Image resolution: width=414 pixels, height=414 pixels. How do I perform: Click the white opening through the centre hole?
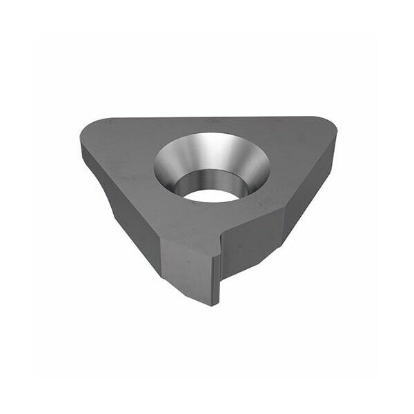pyautogui.click(x=210, y=195)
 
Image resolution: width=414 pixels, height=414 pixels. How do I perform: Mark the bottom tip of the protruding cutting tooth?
pyautogui.click(x=215, y=303)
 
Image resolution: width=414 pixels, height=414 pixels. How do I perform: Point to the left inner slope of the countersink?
pyautogui.click(x=164, y=166)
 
